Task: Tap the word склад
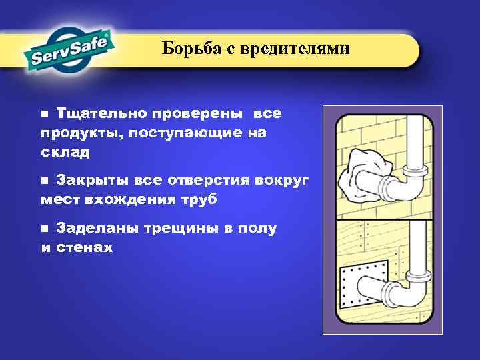pos(65,153)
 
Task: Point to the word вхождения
pos(137,199)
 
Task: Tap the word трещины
pos(179,228)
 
